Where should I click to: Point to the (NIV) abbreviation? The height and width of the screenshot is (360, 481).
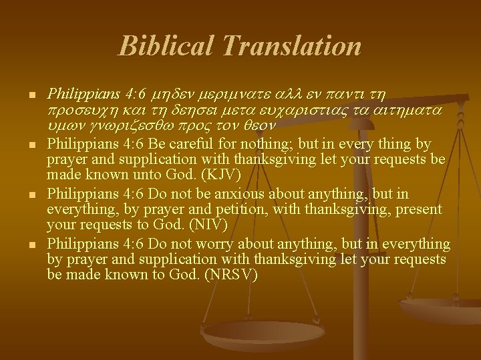(x=194, y=224)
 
